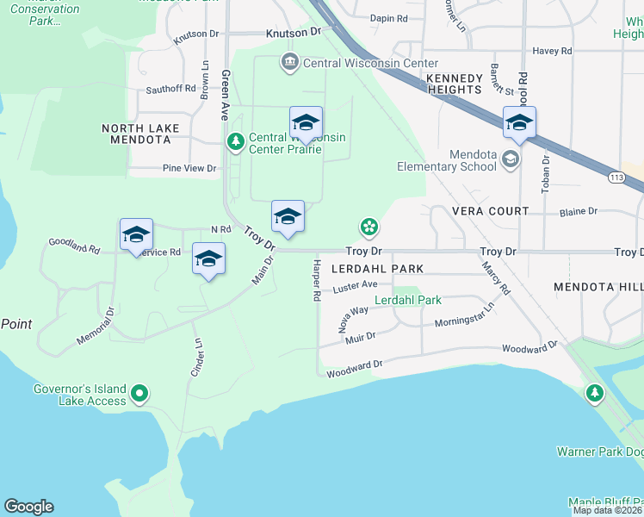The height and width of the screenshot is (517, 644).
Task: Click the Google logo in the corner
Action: (28, 507)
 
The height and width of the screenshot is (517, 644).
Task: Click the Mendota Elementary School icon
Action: (511, 159)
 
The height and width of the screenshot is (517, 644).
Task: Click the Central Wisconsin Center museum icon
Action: (289, 63)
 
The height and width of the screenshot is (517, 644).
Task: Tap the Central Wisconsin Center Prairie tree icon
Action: (234, 141)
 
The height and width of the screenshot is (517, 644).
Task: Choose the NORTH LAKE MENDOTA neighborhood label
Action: (140, 134)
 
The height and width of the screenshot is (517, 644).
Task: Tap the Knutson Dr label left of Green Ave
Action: (196, 34)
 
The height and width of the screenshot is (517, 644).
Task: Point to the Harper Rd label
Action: (316, 280)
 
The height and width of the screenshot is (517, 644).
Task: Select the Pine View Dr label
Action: (189, 168)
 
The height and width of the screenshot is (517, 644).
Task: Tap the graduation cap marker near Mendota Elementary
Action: (519, 122)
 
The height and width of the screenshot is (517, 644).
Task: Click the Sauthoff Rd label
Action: (171, 89)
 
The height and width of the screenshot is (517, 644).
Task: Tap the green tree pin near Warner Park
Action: (594, 394)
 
